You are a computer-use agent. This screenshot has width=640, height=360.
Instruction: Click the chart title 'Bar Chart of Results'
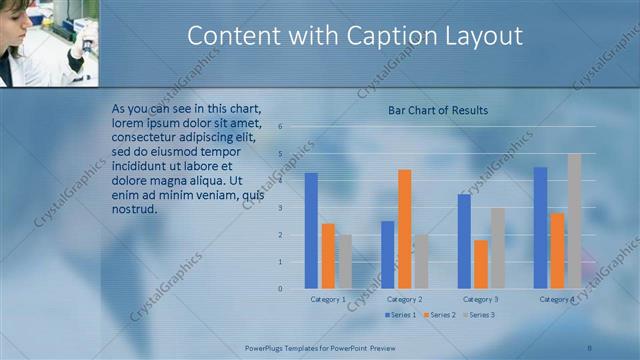pos(438,110)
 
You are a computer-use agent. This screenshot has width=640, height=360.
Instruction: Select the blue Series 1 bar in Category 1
pos(311,230)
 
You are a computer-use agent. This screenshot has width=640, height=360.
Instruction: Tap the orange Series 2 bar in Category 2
pos(404,228)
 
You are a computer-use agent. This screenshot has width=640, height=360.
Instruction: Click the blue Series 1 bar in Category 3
pos(464,241)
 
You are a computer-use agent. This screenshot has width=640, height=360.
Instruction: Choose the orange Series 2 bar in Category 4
pos(557,250)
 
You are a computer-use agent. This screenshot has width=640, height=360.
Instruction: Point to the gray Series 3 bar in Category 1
pos(344,261)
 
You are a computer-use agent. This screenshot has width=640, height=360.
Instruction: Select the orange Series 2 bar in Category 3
pos(481,264)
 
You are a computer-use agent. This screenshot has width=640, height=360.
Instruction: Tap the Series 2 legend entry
pos(441,315)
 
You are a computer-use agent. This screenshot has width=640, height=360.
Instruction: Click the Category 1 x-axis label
pos(328,299)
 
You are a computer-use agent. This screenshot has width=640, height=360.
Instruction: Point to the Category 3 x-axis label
pos(481,299)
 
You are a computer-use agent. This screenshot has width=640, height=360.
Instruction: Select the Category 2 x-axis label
pos(404,299)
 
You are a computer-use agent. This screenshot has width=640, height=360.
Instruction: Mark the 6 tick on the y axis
pos(281,127)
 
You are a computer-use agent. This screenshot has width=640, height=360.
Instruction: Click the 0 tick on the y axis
pos(281,289)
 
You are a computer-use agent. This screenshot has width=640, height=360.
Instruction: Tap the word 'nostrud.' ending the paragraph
pos(135,209)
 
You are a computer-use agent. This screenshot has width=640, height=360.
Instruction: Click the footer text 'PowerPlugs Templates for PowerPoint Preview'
pos(316,348)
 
